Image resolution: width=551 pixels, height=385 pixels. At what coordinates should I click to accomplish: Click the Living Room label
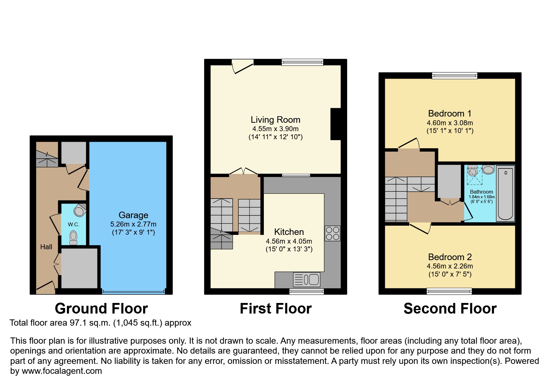coord(275,120)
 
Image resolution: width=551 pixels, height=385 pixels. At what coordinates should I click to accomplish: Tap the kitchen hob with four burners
coord(332,233)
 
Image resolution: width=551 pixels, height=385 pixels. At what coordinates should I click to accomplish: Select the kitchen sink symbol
coord(306,279)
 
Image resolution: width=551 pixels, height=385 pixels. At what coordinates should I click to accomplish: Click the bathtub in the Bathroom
coord(505,193)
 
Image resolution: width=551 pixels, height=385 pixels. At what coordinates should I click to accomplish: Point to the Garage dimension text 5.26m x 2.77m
coord(133,224)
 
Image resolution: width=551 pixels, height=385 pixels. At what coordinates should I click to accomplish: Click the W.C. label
coord(73,224)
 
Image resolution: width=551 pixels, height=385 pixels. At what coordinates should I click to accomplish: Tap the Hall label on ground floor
coord(46,247)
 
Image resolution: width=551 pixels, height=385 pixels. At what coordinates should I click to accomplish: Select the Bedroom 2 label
coord(450,257)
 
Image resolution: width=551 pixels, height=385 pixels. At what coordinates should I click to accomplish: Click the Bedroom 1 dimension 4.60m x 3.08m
coord(450,123)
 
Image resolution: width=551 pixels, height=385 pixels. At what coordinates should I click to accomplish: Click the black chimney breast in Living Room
coord(335,124)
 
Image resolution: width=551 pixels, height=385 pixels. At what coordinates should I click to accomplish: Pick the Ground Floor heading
coord(101,309)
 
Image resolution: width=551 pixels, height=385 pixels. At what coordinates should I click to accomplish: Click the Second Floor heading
coord(450,309)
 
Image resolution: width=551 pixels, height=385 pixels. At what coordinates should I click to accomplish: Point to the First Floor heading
coord(275,309)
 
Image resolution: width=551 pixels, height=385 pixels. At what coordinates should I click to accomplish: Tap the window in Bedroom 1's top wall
coord(454,76)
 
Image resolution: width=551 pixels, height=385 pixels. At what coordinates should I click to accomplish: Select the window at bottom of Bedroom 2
coord(449,291)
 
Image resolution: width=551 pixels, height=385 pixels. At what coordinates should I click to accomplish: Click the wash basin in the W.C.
coord(80,211)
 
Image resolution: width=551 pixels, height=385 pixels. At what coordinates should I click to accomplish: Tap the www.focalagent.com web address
coord(62,371)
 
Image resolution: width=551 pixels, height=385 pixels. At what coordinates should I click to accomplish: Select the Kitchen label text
coord(289,232)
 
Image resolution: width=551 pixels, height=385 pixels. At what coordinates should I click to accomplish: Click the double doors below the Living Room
coord(244,172)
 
